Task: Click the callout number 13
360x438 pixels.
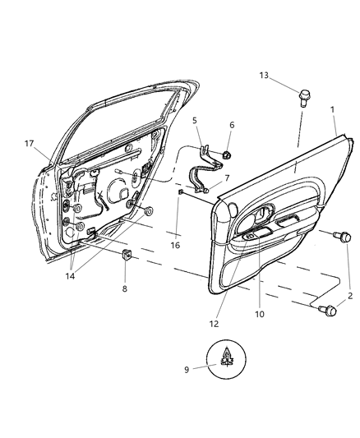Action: click(x=263, y=75)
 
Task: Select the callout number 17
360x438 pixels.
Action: click(x=29, y=144)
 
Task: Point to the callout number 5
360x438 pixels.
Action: click(x=195, y=120)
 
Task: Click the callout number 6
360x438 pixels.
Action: click(x=231, y=125)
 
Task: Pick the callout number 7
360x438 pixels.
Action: click(x=226, y=178)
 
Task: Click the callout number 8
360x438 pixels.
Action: click(x=124, y=289)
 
